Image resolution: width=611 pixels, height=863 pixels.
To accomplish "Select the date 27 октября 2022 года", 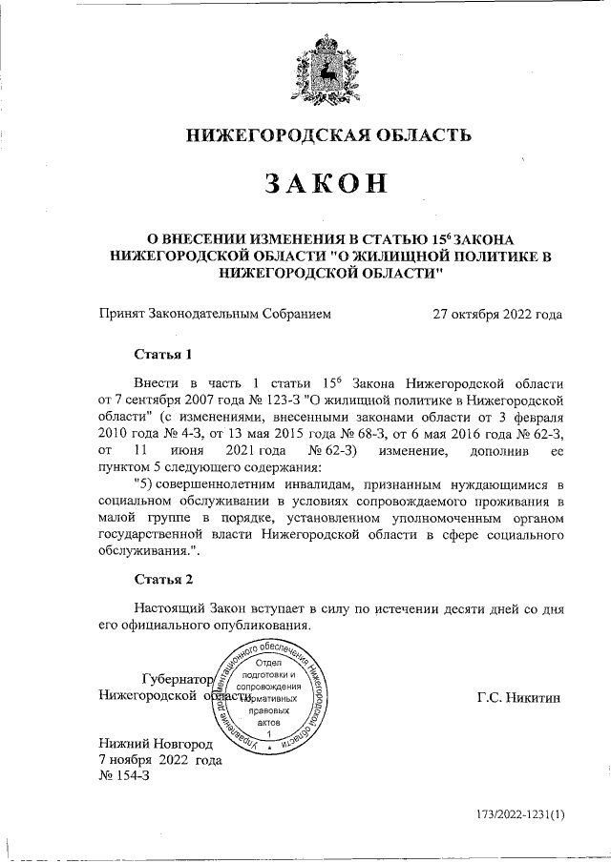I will pos(496,314).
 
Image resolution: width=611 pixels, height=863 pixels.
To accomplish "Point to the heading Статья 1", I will pos(162,355).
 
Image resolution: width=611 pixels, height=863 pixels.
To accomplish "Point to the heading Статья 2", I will pos(162,579).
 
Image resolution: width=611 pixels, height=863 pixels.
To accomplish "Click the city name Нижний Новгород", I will pos(157,743).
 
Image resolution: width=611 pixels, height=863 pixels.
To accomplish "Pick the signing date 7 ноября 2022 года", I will pos(160,760).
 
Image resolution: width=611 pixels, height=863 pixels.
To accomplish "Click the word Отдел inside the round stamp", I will pos(274,662).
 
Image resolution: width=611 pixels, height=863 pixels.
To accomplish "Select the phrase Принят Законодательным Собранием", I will pos(215,314).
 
